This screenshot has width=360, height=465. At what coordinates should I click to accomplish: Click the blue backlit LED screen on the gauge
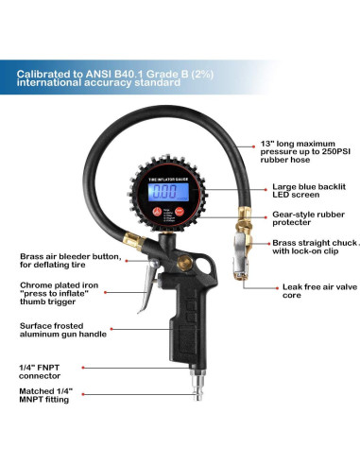(167, 192)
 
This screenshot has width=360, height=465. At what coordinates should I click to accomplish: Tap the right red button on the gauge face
(180, 214)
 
